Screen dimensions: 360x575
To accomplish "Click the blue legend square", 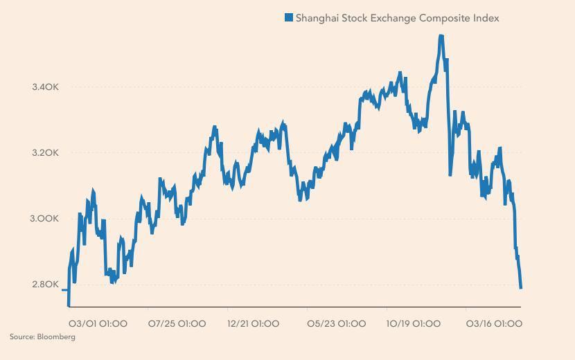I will coord(289,18).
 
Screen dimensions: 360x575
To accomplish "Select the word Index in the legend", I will coord(486,18).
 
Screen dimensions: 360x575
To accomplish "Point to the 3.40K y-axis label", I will coord(45,87).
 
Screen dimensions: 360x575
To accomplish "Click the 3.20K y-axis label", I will coord(45,153).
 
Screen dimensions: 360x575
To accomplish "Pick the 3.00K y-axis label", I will coord(45,219).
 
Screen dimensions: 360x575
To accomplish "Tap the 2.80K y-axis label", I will coord(45,285).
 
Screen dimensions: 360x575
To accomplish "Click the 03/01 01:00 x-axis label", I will coord(98,323).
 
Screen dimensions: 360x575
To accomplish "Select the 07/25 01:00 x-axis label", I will coord(177,323).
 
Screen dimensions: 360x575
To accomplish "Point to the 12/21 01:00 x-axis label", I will coord(254,323).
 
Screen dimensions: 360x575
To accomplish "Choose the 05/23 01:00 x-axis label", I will coord(336,323).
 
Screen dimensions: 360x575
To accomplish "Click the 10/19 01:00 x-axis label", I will coord(414,323).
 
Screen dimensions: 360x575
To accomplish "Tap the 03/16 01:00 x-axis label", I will coord(494,323).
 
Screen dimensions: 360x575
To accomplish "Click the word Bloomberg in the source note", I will coord(57,337).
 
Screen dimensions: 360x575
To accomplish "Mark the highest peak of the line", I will coord(441,37).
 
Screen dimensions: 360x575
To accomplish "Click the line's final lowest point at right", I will coord(520,287).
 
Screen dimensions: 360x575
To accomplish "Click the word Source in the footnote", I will coord(22,337).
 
